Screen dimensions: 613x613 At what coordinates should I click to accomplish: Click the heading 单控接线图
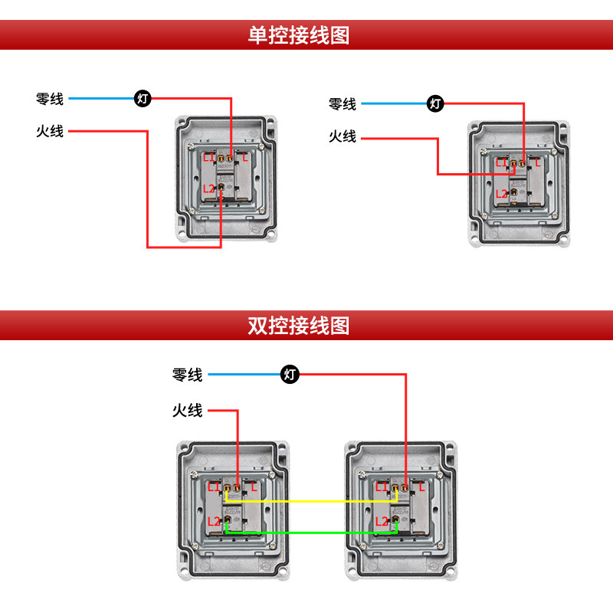(299, 35)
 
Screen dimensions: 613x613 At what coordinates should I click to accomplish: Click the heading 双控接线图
(299, 326)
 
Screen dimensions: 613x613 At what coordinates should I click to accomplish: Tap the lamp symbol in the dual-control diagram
(290, 375)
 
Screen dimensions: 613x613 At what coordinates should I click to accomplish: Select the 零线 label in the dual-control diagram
(187, 375)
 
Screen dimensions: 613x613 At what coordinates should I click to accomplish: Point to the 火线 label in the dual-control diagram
(187, 411)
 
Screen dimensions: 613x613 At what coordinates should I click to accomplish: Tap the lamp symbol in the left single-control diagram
(143, 98)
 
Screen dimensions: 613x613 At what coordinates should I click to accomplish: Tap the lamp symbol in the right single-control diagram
(435, 103)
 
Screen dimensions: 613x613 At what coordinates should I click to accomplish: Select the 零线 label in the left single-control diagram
(50, 98)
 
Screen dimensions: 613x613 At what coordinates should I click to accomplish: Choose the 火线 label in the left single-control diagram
(50, 131)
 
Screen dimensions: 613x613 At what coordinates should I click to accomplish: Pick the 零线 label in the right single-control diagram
(343, 103)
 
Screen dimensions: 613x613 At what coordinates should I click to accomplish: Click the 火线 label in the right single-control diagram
(343, 136)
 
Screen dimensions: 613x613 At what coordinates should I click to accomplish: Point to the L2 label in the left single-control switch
(208, 188)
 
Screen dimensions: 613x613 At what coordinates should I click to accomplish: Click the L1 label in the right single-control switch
(501, 162)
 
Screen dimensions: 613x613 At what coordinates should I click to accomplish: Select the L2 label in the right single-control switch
(501, 194)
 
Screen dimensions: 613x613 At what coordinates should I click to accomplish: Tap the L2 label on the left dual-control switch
(214, 521)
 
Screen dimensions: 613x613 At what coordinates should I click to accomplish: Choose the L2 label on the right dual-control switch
(382, 521)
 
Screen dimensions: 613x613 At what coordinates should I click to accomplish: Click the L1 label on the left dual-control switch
(214, 487)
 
